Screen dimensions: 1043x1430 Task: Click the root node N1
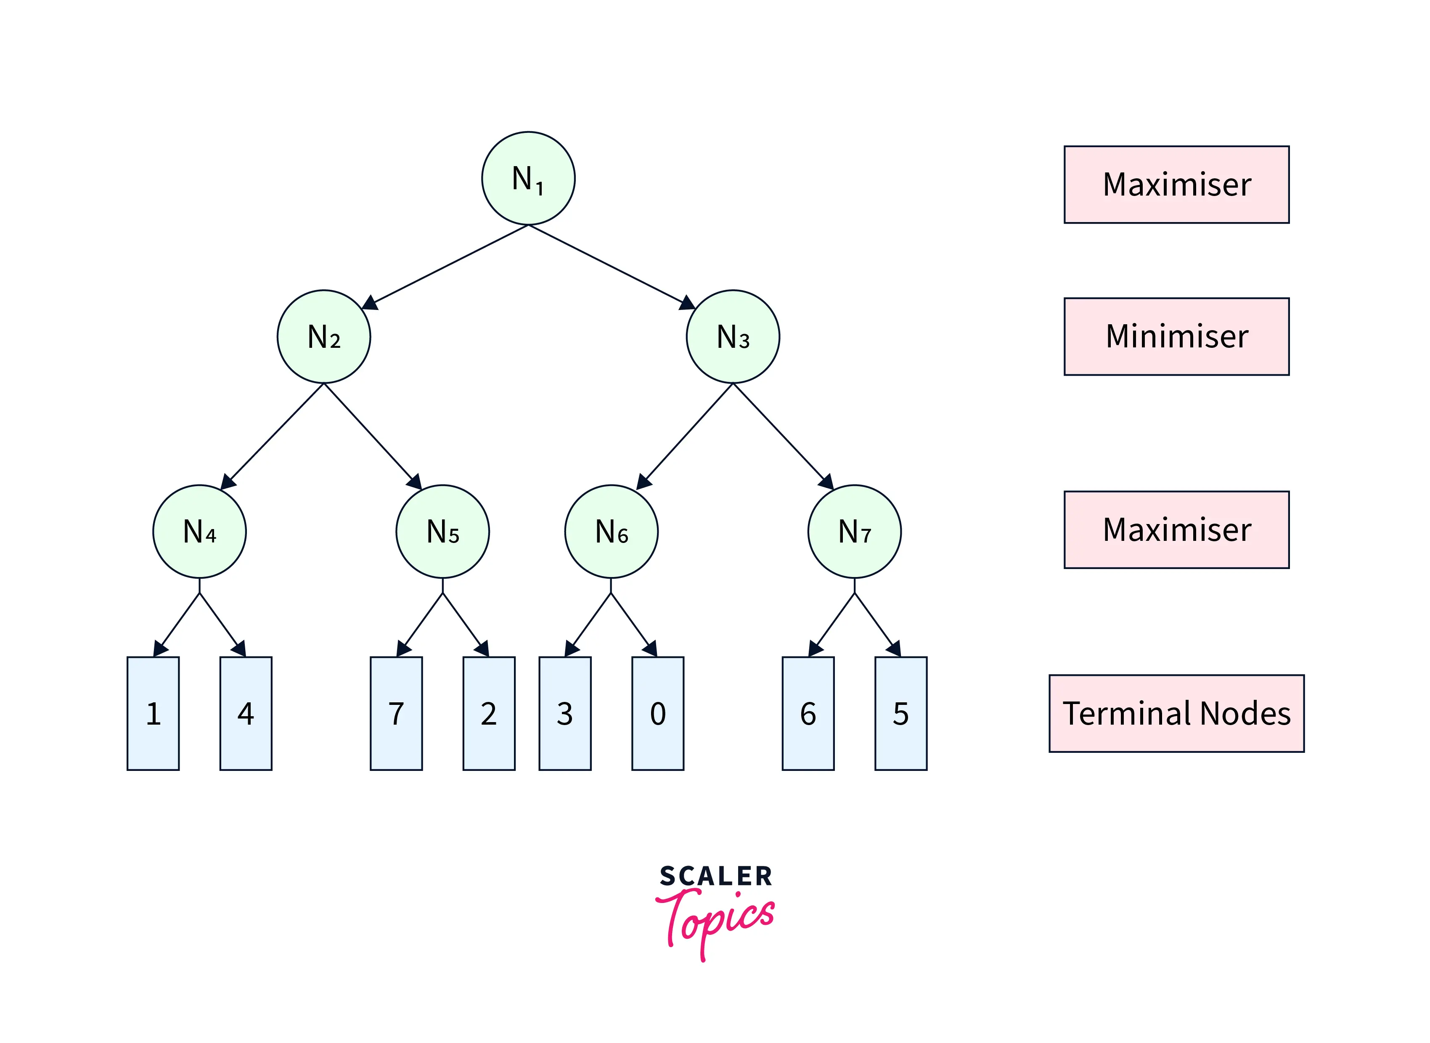click(528, 178)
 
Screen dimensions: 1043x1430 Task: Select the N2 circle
click(324, 336)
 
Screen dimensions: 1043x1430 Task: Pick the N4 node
click(199, 531)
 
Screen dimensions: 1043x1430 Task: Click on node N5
click(442, 531)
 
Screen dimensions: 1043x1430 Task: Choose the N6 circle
click(611, 531)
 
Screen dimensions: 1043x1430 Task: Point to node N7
click(854, 531)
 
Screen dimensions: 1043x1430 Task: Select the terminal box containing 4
click(246, 713)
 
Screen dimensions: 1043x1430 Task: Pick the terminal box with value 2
click(489, 713)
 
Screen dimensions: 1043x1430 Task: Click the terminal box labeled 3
click(564, 713)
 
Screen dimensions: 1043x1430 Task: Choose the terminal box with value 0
click(657, 713)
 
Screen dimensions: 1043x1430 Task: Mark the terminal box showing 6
click(808, 713)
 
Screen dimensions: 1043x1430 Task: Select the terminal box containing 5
click(900, 713)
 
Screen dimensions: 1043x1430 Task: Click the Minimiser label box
click(1176, 336)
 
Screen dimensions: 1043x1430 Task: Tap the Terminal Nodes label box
click(1176, 713)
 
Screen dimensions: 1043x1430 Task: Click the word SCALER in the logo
click(715, 876)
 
